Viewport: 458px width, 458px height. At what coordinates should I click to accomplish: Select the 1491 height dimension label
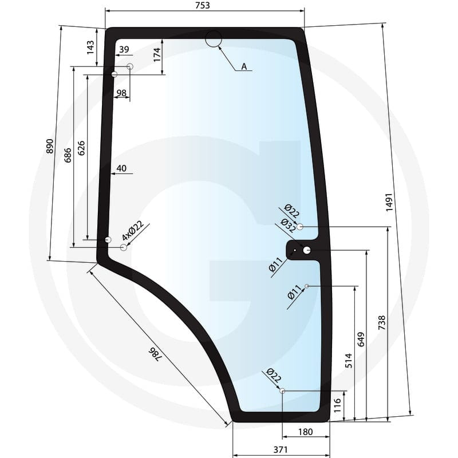389,202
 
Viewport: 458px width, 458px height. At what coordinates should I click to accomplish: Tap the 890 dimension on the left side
50,146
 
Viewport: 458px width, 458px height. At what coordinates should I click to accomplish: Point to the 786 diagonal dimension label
155,354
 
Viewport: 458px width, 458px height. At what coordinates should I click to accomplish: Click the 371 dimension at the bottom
281,449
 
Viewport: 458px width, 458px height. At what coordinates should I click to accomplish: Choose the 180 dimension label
306,432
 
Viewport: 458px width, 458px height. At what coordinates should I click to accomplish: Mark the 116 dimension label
337,405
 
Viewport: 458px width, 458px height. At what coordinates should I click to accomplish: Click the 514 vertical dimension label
349,361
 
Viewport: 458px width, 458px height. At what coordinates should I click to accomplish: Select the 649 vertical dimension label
361,339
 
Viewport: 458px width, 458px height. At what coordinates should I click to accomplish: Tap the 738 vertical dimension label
381,323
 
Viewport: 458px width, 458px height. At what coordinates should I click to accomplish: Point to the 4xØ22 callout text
133,231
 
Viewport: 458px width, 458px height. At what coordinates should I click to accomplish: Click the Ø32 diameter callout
288,226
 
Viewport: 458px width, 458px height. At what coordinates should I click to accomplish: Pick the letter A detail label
244,66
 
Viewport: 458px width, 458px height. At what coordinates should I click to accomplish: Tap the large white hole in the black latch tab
307,250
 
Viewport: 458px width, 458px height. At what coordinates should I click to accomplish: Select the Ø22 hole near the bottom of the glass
282,391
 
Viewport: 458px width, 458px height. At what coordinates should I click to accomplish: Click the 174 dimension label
157,54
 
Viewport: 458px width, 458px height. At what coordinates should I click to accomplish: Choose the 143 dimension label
90,48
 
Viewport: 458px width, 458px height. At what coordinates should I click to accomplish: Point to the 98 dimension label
121,93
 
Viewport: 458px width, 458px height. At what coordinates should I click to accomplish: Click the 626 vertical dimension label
81,148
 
